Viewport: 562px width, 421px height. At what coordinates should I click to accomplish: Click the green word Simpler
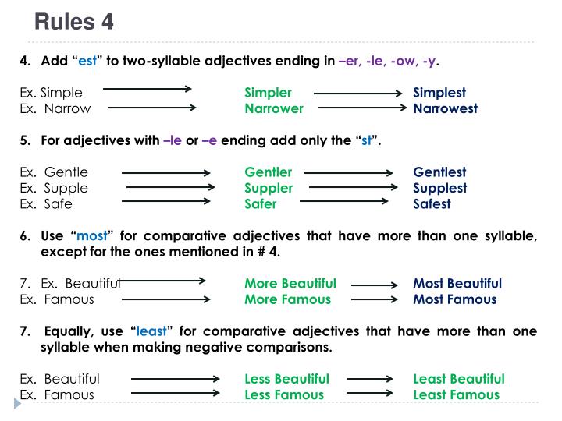(268, 93)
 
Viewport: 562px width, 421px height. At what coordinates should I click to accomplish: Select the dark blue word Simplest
(439, 93)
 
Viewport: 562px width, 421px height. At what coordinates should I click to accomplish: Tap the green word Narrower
(273, 109)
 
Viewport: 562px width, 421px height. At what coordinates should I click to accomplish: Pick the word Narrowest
(445, 109)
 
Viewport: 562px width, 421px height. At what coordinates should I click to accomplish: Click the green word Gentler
(268, 172)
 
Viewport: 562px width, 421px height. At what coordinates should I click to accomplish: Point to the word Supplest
(440, 189)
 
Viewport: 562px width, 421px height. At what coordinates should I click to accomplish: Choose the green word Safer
(261, 204)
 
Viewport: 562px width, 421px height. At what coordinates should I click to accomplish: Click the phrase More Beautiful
(290, 284)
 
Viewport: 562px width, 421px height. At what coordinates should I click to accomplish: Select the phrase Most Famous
(454, 299)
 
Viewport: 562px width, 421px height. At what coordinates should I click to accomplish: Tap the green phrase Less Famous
(284, 394)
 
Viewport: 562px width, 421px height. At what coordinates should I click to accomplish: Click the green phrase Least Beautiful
(459, 379)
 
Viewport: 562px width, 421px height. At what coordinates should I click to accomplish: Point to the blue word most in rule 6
(92, 236)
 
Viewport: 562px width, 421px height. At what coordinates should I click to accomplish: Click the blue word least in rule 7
(151, 331)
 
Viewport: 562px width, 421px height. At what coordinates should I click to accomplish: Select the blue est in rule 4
(87, 61)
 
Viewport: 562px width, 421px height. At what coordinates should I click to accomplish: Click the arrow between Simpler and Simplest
(358, 94)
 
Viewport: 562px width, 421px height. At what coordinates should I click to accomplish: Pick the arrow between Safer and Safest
(344, 201)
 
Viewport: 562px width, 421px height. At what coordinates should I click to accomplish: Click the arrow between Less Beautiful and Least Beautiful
(369, 379)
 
